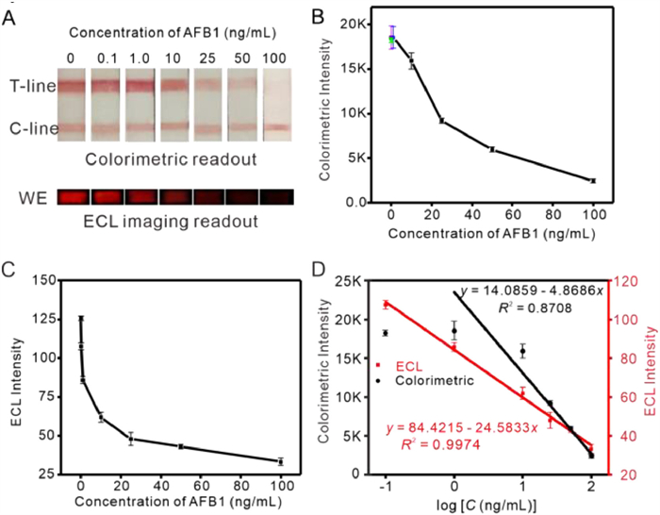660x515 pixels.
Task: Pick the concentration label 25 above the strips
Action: click(207, 57)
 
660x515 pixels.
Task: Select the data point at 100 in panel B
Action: click(593, 180)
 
